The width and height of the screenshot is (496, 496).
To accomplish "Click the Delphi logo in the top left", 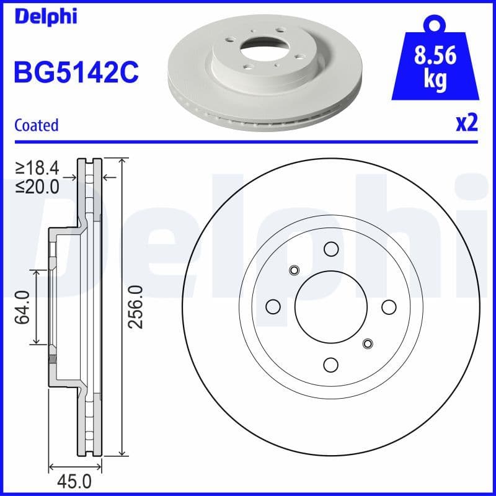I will pos(45,16).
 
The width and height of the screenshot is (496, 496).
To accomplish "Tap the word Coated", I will pos(36,125).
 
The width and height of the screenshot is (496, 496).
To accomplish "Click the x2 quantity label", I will pos(466,124).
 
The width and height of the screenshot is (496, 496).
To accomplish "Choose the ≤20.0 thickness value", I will pos(38,185).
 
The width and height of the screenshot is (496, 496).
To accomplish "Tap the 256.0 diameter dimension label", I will pos(136,307).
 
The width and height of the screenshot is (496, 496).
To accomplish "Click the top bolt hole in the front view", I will pos(330,250).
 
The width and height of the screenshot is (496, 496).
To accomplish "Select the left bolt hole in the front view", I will pos(272,307).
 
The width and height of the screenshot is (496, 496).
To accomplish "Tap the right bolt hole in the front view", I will pos(389,307).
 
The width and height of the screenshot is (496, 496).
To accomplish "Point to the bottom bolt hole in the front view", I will pos(330,365).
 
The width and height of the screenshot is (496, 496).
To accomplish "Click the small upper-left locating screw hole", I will pos(294,270).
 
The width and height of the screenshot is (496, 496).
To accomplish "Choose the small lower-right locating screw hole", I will pos(368,343).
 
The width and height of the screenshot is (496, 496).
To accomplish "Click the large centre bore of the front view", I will pos(330,307).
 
